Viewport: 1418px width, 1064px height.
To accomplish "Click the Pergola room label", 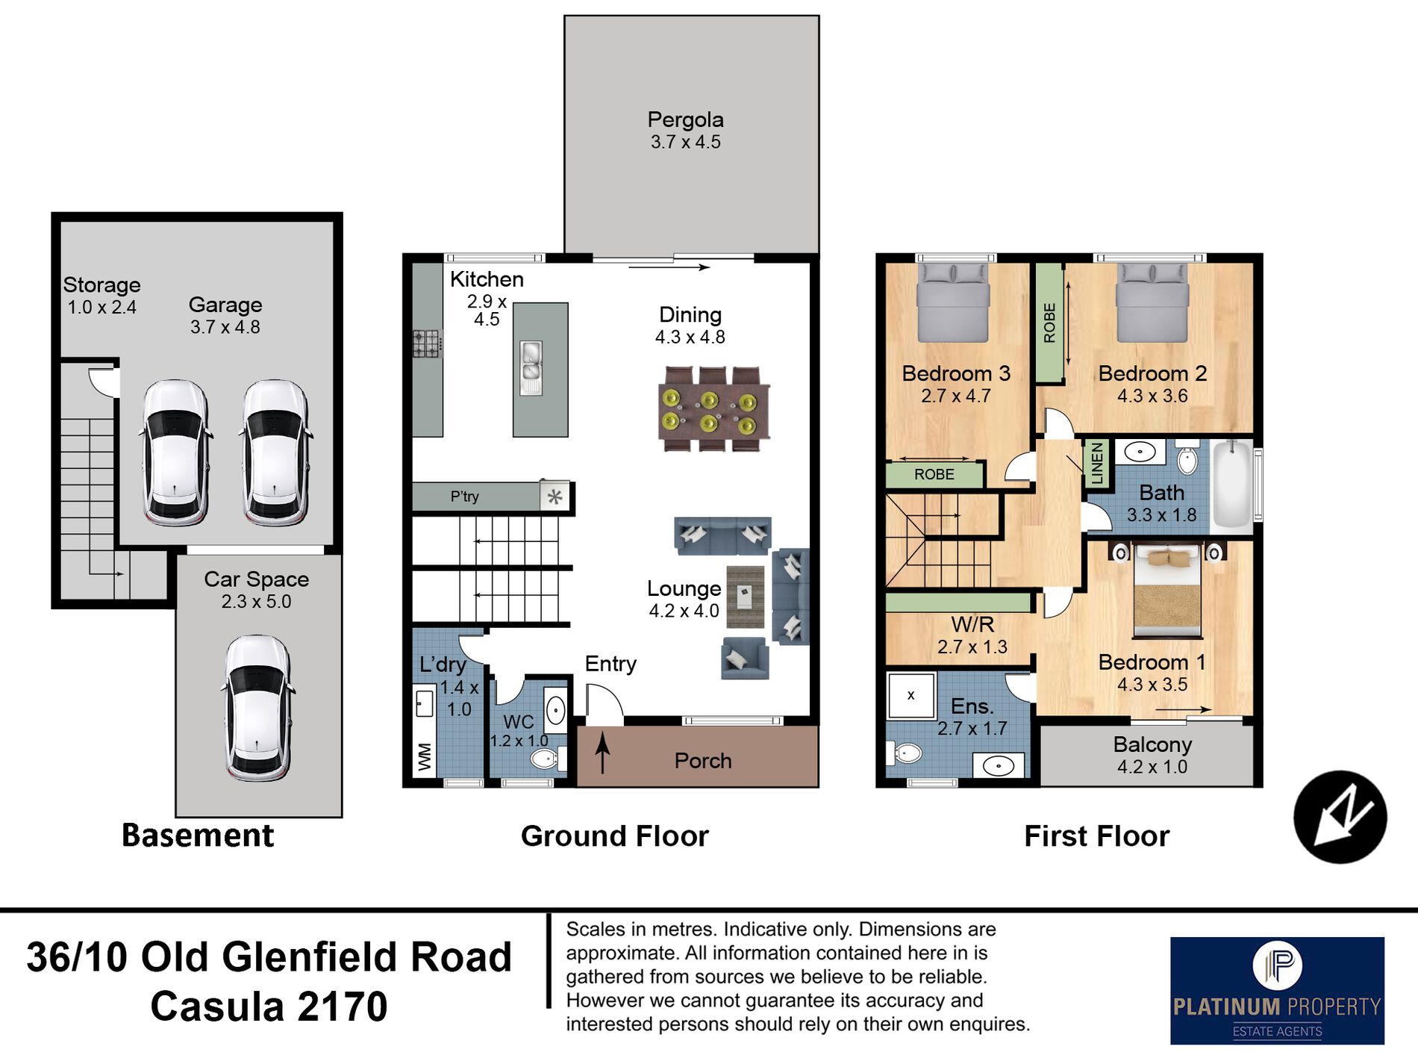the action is coord(685,119).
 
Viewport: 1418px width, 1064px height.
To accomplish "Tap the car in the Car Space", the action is coord(257,708).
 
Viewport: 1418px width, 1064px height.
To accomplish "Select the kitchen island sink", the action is coord(531,368).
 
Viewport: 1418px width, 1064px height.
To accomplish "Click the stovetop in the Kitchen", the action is coord(427,344).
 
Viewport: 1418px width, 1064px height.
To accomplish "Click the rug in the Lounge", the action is coord(746,597).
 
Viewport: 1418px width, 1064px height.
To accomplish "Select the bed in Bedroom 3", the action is coord(953,302).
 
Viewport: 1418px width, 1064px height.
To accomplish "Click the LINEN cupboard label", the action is coord(1096,463).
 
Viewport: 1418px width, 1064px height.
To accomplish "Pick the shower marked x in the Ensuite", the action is coord(911,695).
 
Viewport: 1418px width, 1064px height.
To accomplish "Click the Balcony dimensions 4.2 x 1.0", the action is coord(1152,767).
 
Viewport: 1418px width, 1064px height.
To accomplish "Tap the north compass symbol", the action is coord(1340,817).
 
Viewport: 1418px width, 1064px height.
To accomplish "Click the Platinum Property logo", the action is coord(1277,990).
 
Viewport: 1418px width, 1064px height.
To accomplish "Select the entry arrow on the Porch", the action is coord(602,753).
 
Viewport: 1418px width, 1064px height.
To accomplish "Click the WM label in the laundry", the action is coord(425,756).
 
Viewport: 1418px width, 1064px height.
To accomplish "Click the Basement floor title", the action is coord(198,836).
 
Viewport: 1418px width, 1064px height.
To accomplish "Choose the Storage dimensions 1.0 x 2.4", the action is coord(102,307).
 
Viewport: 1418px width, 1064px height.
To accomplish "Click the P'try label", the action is coord(464,497).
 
